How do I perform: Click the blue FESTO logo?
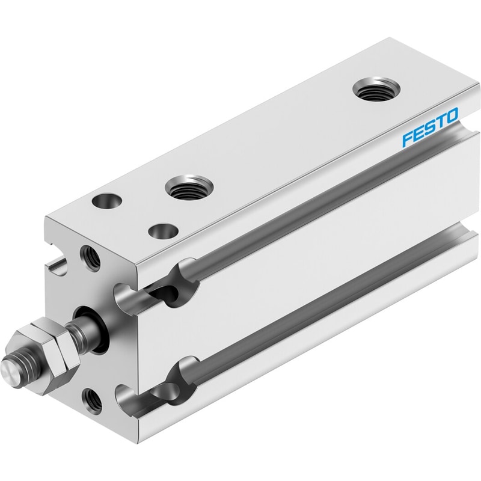tap(430, 126)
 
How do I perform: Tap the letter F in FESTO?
tap(408, 138)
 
